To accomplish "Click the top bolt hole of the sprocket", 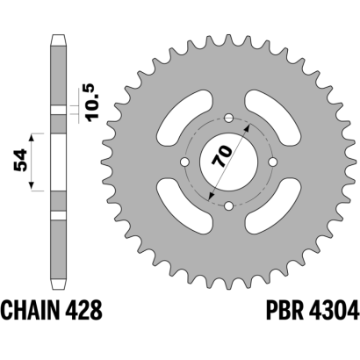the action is coord(228,119).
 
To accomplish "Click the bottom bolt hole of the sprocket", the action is coord(228,205).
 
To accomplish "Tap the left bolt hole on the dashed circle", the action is coord(185,162).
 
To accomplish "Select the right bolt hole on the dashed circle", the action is coord(272,162).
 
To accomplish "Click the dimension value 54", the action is coord(20,160).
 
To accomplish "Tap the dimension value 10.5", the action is coord(93,102).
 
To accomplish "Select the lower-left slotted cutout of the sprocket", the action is coord(185,206).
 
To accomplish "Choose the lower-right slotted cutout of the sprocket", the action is coord(272,206).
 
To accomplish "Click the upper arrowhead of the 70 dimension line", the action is coord(248,127).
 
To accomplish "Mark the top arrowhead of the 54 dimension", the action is coord(32,137).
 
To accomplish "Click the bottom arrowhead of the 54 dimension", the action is coord(32,186).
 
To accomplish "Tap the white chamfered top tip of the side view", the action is coord(58,40).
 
